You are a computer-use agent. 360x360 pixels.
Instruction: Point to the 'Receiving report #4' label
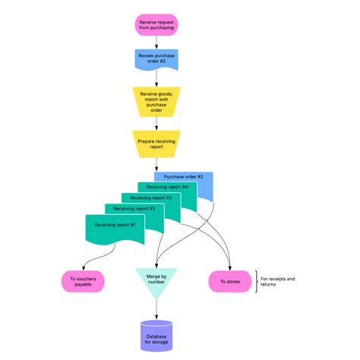click(167, 187)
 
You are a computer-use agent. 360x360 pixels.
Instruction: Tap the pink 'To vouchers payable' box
click(81, 281)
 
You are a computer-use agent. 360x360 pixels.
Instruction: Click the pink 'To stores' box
click(230, 281)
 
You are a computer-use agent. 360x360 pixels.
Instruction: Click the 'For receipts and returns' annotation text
click(279, 282)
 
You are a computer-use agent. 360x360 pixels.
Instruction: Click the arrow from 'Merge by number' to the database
click(156, 308)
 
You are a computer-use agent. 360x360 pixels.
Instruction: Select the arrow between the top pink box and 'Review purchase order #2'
click(156, 42)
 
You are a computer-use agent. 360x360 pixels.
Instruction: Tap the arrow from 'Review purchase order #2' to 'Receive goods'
click(156, 79)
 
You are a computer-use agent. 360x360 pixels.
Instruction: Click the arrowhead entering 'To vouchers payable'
click(81, 267)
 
